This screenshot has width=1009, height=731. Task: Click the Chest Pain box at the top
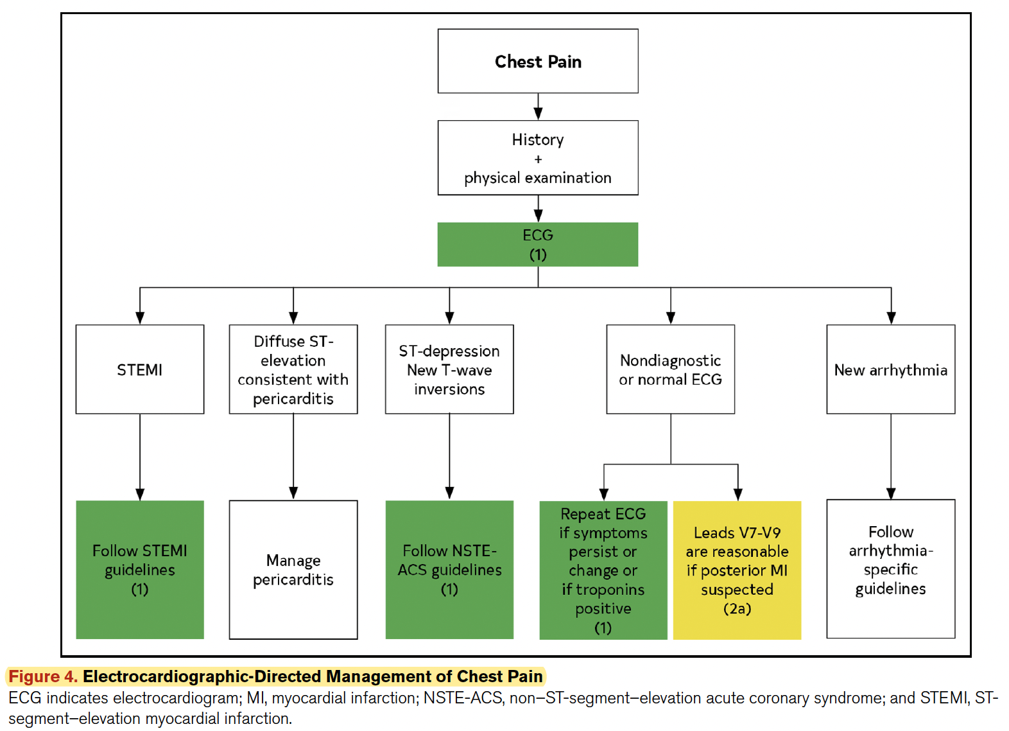[x=538, y=61]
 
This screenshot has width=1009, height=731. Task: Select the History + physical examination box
[x=538, y=158]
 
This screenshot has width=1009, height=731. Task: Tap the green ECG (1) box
[x=538, y=244]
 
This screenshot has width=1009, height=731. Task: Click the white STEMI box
[x=140, y=369]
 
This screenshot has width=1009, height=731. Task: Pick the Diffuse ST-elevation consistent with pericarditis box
[x=293, y=369]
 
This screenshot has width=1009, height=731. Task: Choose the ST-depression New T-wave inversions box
[x=449, y=369]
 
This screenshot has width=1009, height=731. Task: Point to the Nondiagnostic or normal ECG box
[x=670, y=369]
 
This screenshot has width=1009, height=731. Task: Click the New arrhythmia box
[x=890, y=369]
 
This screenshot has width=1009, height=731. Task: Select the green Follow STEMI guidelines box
[x=140, y=570]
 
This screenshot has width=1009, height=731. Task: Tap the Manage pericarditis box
[x=293, y=570]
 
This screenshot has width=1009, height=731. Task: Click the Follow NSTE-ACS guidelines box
[x=449, y=570]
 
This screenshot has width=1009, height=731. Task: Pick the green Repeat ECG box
[x=603, y=570]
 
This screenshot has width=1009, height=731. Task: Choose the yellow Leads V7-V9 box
[x=737, y=570]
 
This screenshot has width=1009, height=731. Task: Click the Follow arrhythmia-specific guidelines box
[x=890, y=568]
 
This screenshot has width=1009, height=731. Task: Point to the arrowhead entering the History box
[x=538, y=114]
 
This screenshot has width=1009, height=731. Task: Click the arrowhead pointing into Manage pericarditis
[x=293, y=493]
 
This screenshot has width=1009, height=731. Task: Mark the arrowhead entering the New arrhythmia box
[x=891, y=318]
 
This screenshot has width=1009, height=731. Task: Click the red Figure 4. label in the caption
[x=43, y=676]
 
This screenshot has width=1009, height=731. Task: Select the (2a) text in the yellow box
[x=737, y=609]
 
